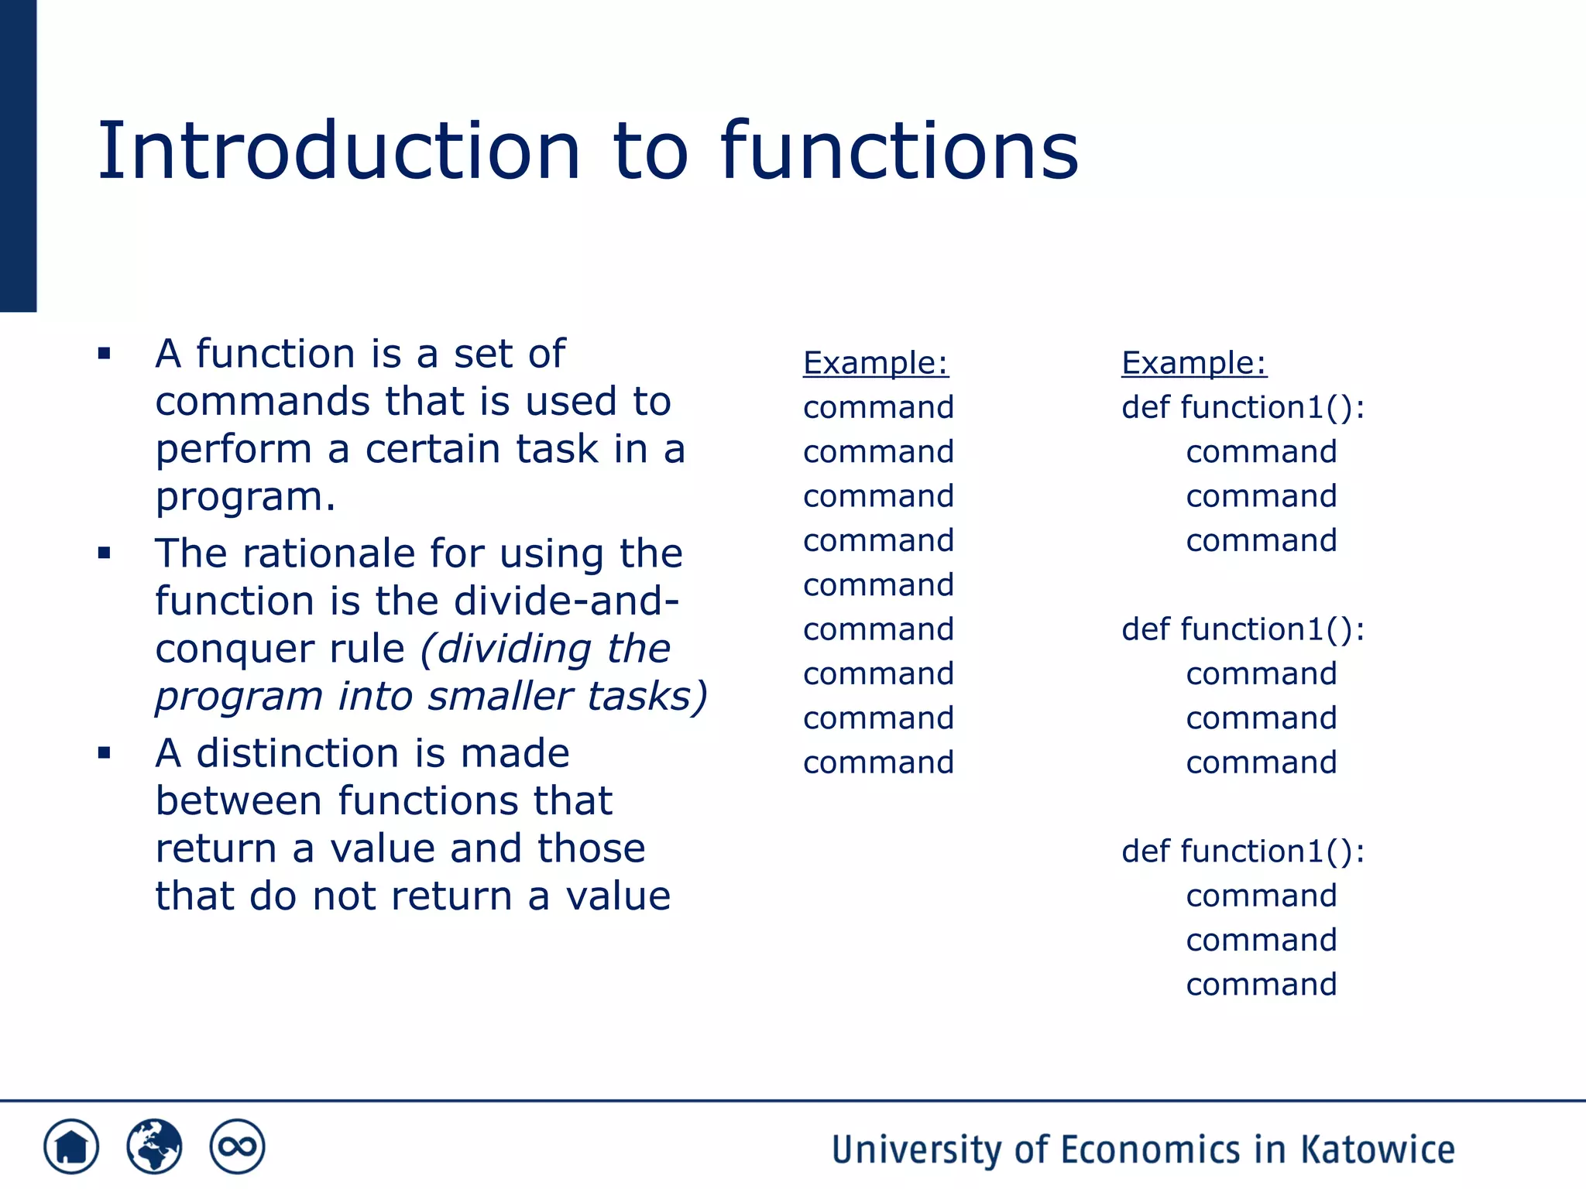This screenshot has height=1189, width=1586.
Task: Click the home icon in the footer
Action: [71, 1146]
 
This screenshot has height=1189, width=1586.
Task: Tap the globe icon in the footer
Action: [154, 1146]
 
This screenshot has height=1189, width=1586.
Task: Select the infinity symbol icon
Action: [237, 1146]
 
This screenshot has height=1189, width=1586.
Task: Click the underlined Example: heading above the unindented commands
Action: [875, 362]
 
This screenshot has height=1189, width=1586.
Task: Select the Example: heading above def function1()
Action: [1193, 362]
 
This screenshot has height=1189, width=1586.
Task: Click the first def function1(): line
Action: [1242, 407]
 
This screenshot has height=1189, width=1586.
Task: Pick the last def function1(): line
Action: [1242, 851]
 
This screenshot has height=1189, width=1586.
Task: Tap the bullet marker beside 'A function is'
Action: [105, 355]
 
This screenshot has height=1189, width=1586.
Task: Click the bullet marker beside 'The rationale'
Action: [105, 553]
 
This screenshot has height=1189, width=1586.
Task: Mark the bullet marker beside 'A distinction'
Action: [105, 752]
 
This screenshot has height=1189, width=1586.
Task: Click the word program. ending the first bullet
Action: [245, 497]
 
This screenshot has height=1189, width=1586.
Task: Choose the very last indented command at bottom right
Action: [1261, 985]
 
